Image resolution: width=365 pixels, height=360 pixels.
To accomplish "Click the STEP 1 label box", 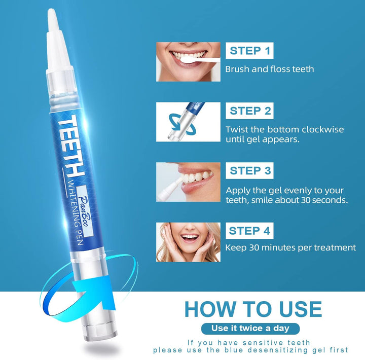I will [250, 51].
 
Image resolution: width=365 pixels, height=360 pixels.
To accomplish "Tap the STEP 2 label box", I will [250, 111].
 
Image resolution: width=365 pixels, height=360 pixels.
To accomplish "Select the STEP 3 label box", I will [250, 171].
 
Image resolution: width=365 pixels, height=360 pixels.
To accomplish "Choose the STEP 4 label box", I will [250, 231].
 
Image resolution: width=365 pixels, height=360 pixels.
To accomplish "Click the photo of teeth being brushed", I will [188, 61].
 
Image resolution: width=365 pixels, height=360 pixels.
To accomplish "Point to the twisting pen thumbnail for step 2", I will [188, 122].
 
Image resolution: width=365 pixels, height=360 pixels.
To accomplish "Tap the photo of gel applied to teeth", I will [188, 182].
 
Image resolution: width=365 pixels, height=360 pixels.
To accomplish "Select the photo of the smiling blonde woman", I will [188, 242].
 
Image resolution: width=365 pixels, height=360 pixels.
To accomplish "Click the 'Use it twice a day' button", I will [252, 328].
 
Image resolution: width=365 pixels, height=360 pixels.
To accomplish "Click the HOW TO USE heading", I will [252, 309].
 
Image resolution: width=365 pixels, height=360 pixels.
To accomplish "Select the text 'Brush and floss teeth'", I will [269, 69].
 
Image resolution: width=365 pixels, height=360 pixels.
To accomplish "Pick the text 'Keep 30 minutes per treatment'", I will [290, 247].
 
